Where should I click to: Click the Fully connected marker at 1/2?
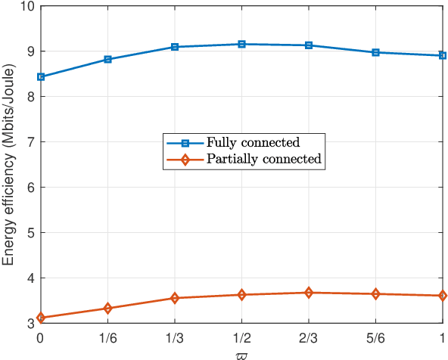click(x=241, y=45)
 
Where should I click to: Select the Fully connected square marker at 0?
click(x=40, y=76)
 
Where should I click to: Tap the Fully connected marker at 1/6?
click(x=107, y=59)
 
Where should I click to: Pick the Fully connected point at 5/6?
click(x=375, y=52)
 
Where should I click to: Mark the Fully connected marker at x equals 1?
click(x=442, y=55)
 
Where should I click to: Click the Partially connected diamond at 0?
click(x=40, y=318)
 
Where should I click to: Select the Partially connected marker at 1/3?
click(x=174, y=298)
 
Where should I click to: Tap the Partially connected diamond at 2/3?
click(x=309, y=293)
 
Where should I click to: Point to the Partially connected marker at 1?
click(x=442, y=296)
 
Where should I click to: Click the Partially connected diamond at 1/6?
click(x=107, y=308)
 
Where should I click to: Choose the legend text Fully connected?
click(x=253, y=142)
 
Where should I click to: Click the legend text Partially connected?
click(x=263, y=159)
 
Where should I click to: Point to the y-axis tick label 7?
click(x=29, y=142)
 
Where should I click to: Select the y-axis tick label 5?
click(x=29, y=233)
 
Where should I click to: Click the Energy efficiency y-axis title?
click(x=9, y=163)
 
